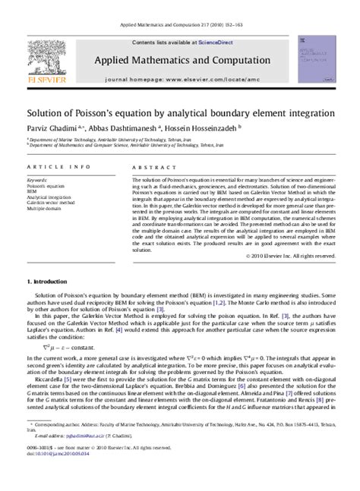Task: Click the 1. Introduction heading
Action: pos(51,282)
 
